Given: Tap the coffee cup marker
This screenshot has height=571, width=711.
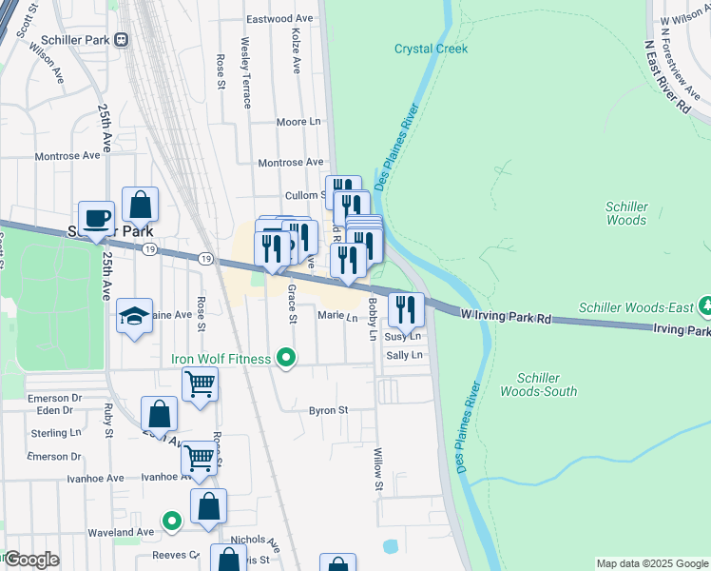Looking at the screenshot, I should [96, 219].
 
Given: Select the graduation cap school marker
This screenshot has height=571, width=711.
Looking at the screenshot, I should [134, 316].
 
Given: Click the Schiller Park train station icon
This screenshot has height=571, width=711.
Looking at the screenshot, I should [121, 39].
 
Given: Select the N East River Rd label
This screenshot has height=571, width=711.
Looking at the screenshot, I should [666, 77].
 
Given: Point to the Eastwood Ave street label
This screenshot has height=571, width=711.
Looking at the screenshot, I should [279, 19].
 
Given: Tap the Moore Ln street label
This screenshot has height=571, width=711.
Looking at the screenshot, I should [299, 122].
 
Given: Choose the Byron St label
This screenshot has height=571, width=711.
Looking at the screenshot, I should [329, 410].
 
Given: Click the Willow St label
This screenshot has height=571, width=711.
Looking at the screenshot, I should [377, 470].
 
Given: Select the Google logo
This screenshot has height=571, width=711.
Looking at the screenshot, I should [31, 560].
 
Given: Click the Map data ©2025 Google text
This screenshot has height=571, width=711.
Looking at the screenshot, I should [650, 563].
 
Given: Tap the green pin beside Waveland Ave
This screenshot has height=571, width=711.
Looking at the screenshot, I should [171, 521].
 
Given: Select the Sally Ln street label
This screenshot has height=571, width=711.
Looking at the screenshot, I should [403, 355].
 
